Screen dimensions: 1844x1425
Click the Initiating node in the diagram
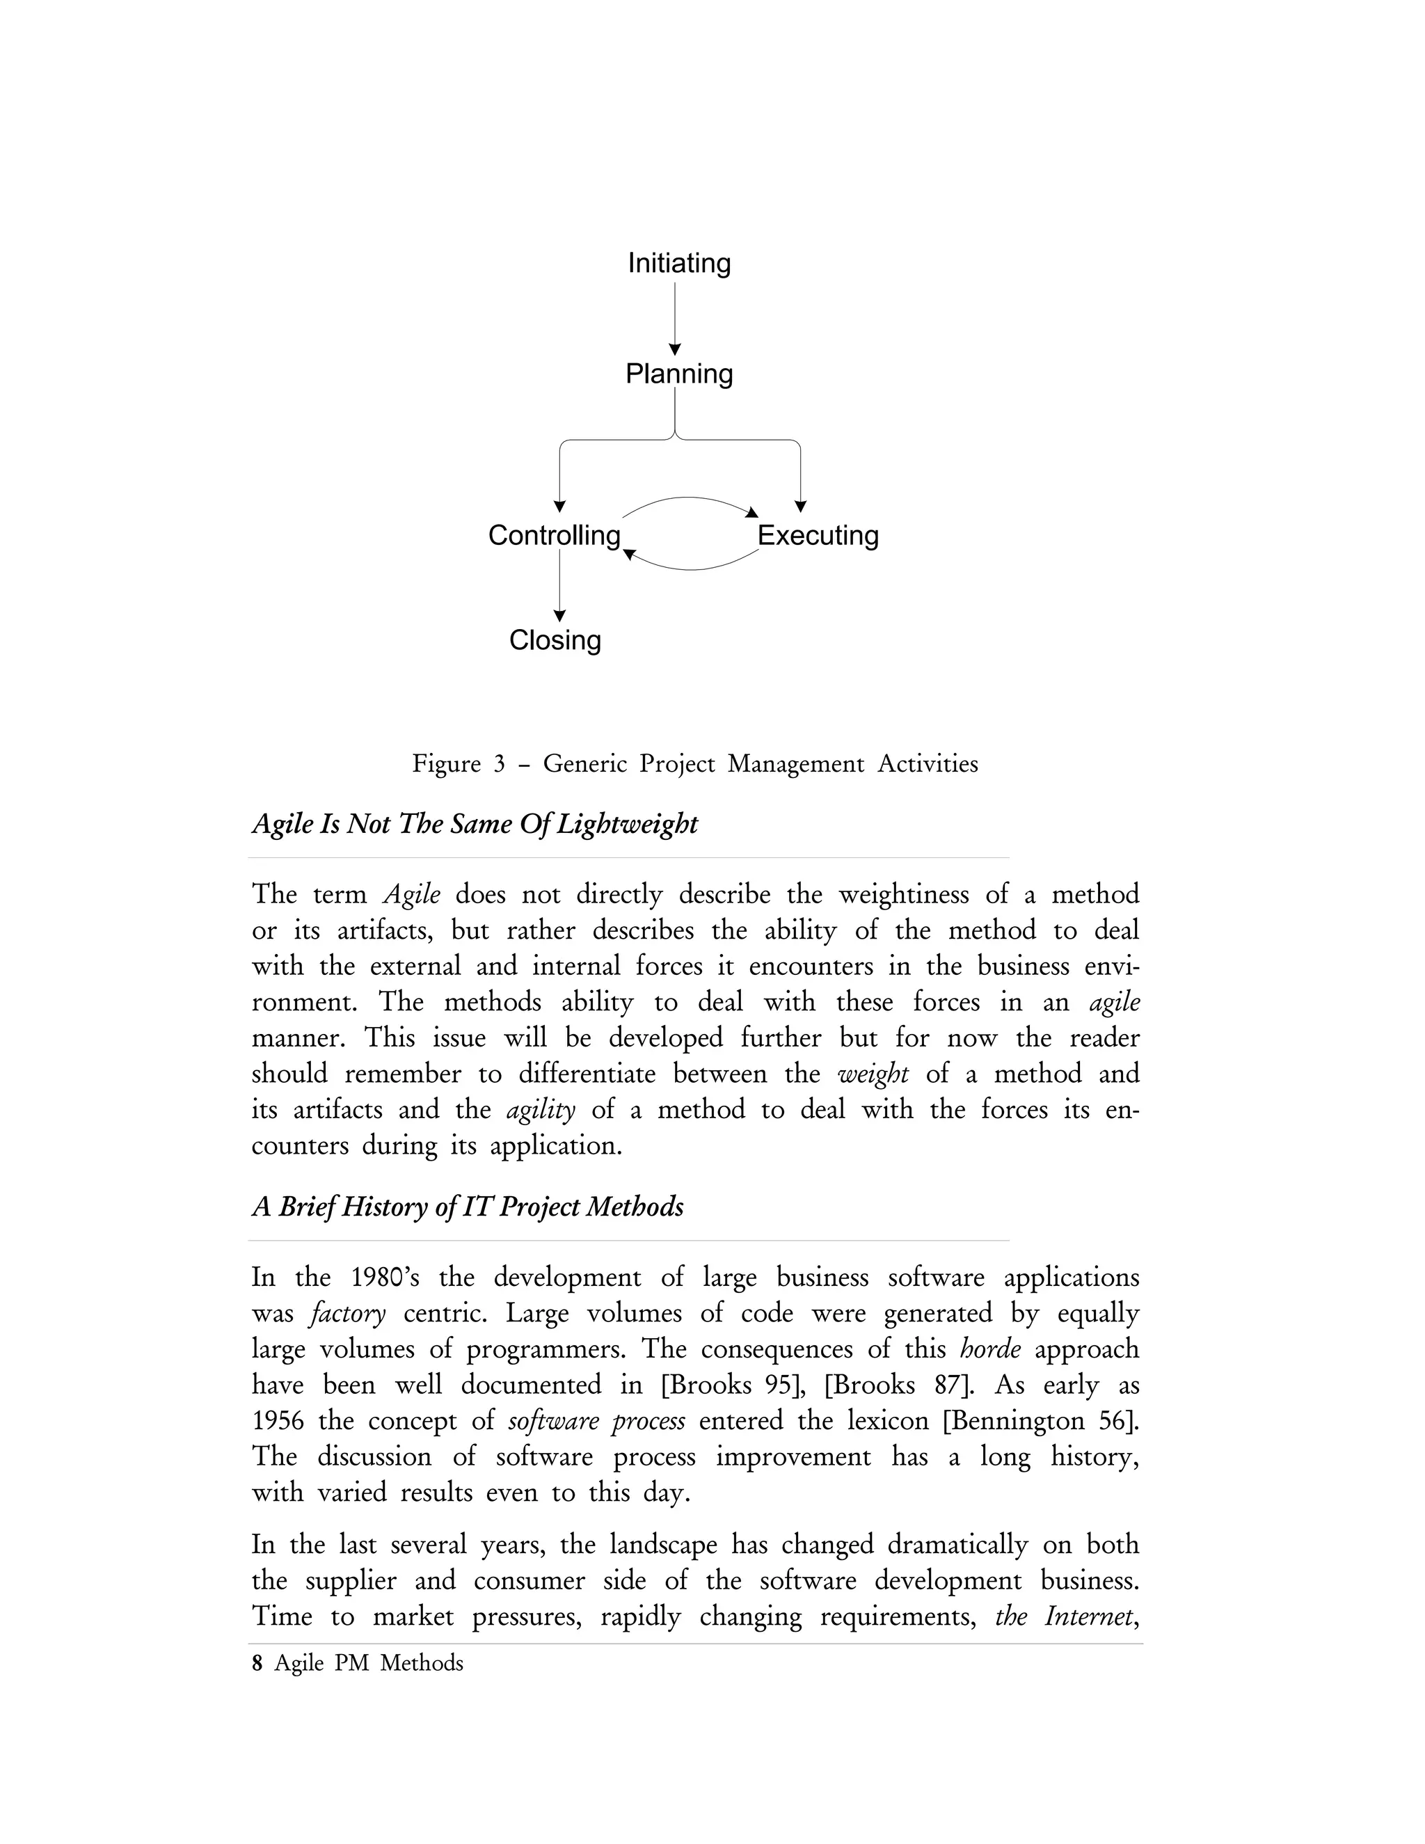click(x=678, y=264)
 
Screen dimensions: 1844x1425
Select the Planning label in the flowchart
click(x=678, y=374)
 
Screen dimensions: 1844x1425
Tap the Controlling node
click(x=554, y=535)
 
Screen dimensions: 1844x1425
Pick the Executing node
click(x=817, y=535)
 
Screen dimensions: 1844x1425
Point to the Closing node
click(x=555, y=640)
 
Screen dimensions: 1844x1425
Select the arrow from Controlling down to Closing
click(x=559, y=585)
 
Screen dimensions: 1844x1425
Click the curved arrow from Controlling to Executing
click(x=689, y=500)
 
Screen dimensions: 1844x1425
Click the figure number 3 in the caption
click(x=499, y=764)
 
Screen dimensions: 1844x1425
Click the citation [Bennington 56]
click(x=1040, y=1421)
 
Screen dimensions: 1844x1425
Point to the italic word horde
click(x=990, y=1349)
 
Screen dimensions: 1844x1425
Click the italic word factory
click(x=349, y=1314)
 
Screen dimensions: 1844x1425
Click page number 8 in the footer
click(x=257, y=1663)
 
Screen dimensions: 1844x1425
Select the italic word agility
click(x=540, y=1109)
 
